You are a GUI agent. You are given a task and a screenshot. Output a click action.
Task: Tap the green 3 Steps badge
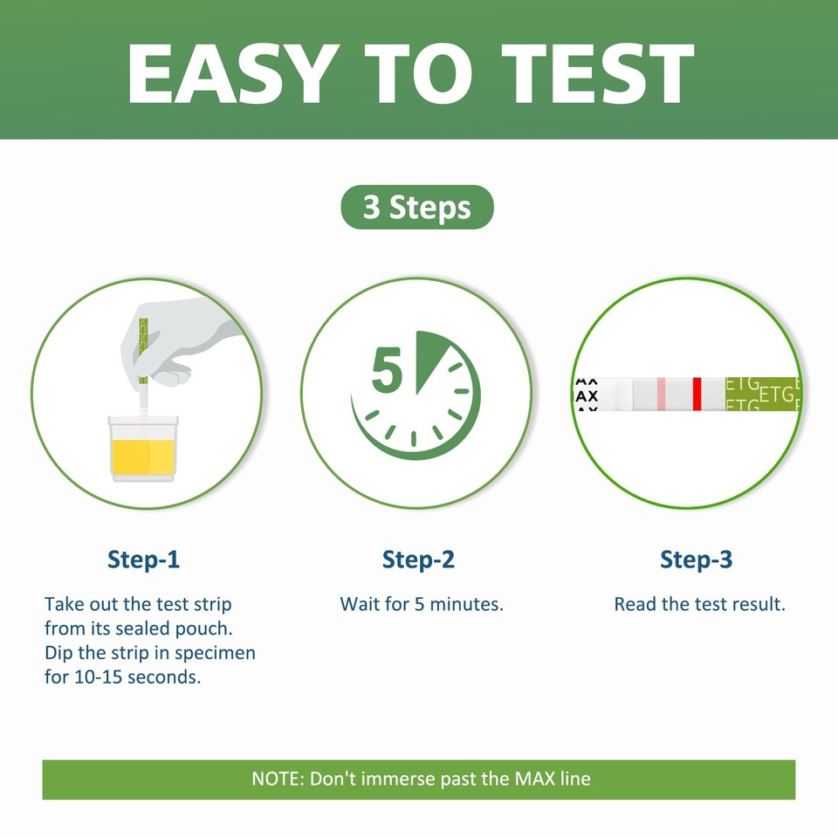coord(417,208)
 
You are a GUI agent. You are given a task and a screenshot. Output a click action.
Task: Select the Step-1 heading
coord(144,560)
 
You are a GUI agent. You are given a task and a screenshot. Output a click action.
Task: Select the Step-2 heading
coord(419,560)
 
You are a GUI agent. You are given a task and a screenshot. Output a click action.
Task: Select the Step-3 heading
coord(696,560)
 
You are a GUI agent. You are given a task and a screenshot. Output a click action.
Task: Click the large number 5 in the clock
coord(387,370)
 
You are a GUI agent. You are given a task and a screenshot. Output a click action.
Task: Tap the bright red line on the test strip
coord(697,394)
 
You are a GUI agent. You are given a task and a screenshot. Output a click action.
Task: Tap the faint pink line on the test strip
coord(662,394)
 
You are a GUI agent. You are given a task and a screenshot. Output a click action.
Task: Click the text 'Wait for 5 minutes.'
coord(422,603)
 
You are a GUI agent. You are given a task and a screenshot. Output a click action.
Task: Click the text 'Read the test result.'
coord(699,603)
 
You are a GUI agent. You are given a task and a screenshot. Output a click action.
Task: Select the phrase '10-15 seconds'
coord(122,677)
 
